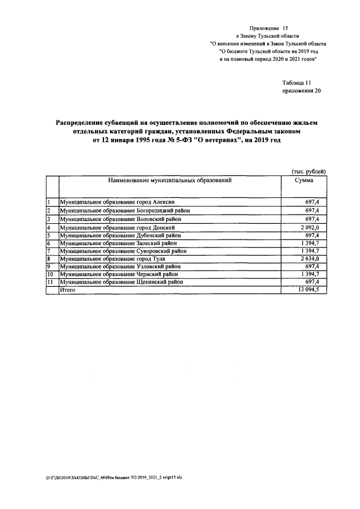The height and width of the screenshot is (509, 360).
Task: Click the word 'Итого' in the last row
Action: pyautogui.click(x=67, y=289)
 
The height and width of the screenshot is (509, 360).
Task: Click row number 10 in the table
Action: pyautogui.click(x=50, y=274)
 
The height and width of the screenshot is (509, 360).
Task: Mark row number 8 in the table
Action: pyautogui.click(x=49, y=258)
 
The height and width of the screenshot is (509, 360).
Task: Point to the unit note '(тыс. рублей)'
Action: pyautogui.click(x=309, y=171)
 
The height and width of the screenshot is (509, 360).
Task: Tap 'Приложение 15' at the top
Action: pyautogui.click(x=268, y=27)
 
